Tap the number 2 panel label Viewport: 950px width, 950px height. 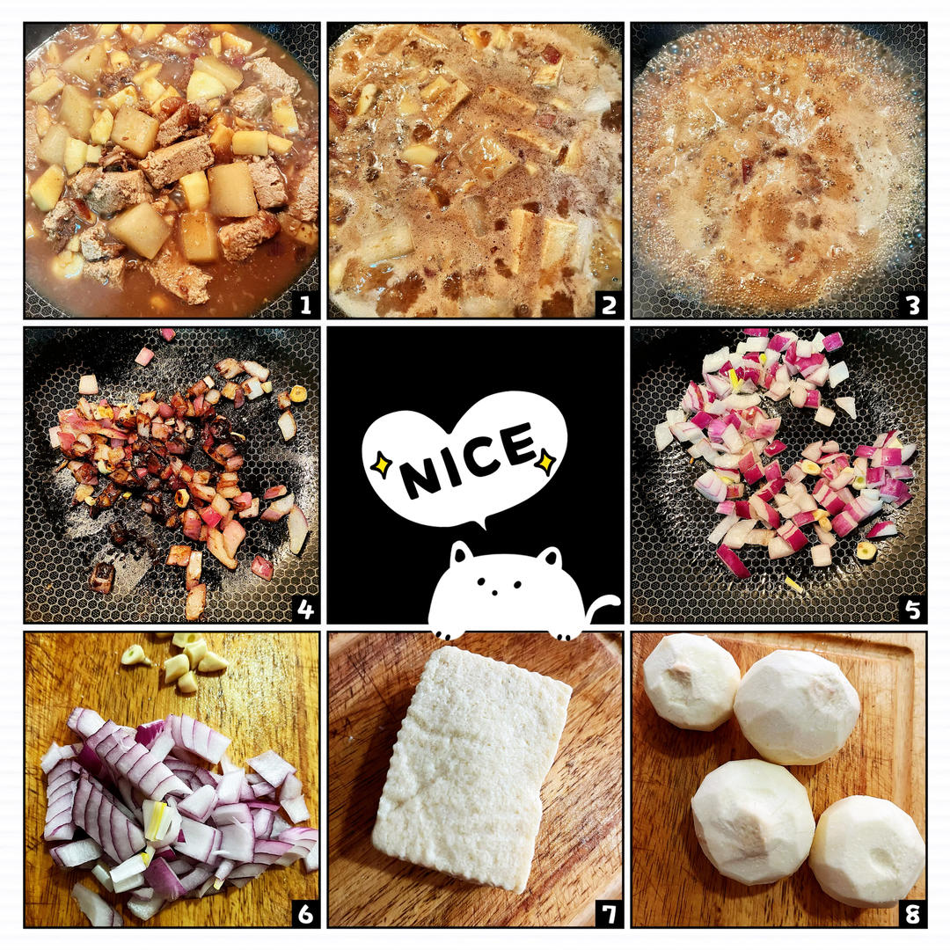[x=609, y=304]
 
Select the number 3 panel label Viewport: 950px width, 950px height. [x=913, y=304]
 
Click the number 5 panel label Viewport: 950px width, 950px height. [x=913, y=609]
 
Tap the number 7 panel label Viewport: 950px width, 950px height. [x=609, y=913]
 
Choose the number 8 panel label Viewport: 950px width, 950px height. [x=913, y=913]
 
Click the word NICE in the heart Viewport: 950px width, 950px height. [x=466, y=459]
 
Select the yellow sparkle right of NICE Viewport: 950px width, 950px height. [x=546, y=460]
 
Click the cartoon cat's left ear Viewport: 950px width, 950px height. [x=461, y=552]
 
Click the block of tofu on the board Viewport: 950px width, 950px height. [x=471, y=769]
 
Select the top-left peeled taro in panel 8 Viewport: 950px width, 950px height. [x=691, y=681]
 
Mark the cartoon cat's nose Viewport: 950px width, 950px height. [x=495, y=591]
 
